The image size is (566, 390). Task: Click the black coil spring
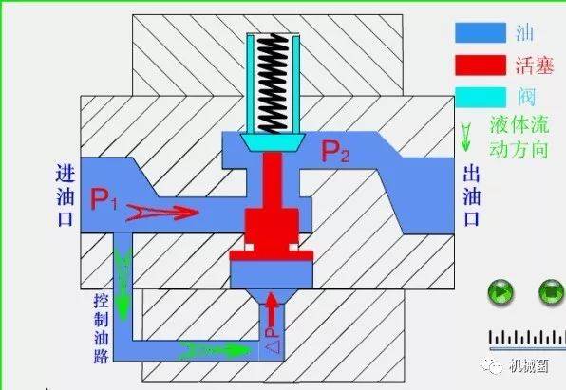[273, 84]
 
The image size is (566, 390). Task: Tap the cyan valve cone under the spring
[273, 142]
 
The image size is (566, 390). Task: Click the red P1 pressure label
[104, 198]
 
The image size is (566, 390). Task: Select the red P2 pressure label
[335, 152]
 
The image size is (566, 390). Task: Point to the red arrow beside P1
[162, 213]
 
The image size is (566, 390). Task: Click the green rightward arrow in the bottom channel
[216, 350]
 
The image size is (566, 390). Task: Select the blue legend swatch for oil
[481, 33]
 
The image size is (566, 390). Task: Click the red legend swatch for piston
[481, 65]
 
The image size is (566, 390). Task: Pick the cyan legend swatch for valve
[481, 98]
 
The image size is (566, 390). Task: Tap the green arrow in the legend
[466, 137]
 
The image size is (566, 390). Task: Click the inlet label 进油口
[66, 195]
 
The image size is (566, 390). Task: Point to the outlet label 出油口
[472, 195]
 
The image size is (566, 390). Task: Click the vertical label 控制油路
[101, 328]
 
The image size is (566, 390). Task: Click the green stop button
[551, 292]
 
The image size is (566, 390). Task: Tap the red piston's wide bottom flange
[272, 255]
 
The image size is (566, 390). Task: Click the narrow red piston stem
[273, 180]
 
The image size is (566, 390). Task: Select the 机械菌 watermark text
[529, 366]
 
